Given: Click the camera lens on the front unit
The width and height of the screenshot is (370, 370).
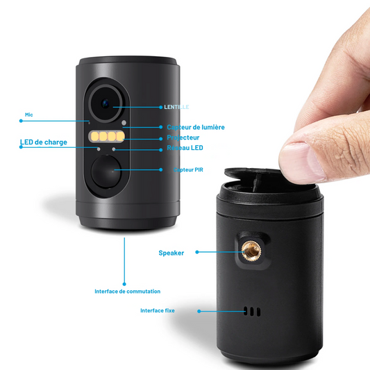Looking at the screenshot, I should (106, 103).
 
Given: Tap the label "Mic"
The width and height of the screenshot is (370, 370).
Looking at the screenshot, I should (28, 115).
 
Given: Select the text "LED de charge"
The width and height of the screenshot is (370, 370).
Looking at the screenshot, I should (44, 142).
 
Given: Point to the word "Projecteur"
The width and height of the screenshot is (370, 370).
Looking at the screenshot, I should (183, 137).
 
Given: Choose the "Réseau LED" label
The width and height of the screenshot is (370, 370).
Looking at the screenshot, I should (185, 148).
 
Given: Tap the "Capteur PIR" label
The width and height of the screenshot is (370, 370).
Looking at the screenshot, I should (189, 169).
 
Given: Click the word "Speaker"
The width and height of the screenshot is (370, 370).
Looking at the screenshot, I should (171, 253).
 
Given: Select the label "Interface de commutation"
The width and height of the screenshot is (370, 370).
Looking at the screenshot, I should (127, 292).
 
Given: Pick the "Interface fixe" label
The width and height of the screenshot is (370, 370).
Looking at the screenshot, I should (158, 310).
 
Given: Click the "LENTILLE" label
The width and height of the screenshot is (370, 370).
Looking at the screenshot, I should (176, 107).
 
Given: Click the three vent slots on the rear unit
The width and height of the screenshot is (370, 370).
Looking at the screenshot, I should (254, 311).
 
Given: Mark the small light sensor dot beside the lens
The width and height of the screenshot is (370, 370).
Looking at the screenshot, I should (124, 124).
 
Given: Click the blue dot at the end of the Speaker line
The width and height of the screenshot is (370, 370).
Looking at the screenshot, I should (197, 252).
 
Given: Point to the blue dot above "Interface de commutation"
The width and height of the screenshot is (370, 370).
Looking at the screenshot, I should (124, 283).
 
